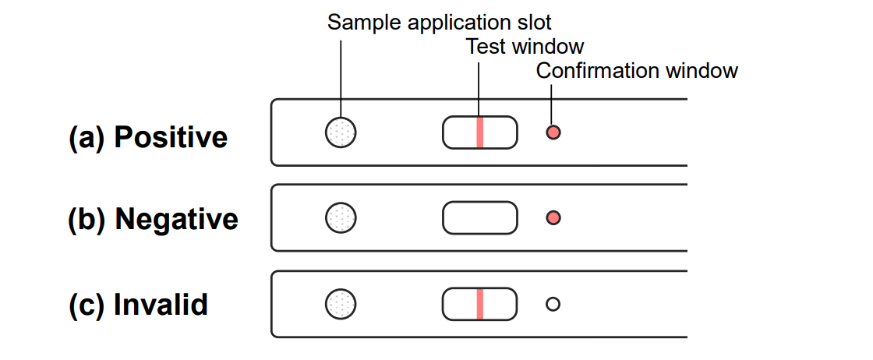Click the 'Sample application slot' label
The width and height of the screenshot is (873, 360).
click(439, 22)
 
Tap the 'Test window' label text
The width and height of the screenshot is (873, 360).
click(525, 47)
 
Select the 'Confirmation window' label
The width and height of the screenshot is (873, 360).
click(637, 71)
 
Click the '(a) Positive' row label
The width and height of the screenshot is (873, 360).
click(148, 138)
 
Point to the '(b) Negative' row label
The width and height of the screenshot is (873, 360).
click(153, 219)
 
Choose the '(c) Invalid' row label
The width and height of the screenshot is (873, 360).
click(138, 304)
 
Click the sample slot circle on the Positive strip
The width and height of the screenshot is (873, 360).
click(341, 132)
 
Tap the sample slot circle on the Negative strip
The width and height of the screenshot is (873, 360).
click(341, 217)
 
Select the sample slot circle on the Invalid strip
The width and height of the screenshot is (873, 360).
click(341, 303)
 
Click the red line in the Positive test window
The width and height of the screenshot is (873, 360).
click(480, 132)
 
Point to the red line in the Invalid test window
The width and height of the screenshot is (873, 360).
click(480, 303)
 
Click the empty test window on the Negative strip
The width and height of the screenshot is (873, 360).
click(479, 217)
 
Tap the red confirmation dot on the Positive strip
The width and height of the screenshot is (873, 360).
click(553, 132)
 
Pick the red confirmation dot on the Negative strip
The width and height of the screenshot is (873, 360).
click(553, 218)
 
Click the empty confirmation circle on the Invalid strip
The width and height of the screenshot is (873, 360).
click(553, 304)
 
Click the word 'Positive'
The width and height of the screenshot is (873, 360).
click(171, 138)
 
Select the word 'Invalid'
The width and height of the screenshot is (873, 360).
click(161, 304)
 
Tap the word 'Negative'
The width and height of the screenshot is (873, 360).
click(176, 219)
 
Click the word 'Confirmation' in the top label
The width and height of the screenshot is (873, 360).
click(597, 71)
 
